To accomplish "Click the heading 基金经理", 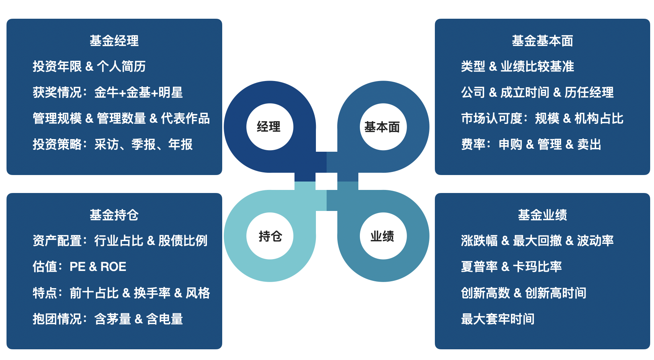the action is [x=114, y=41].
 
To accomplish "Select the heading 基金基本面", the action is [x=542, y=41].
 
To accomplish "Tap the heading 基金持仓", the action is [x=114, y=215].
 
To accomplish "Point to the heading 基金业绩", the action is [x=542, y=215].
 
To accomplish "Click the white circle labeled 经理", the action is [x=270, y=127].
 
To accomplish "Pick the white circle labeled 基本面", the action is [x=383, y=127].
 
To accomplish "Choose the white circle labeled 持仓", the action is [x=270, y=236].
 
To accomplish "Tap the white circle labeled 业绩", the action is [x=383, y=236].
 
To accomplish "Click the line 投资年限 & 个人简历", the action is [x=89, y=66].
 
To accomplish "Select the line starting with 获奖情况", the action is [x=108, y=92].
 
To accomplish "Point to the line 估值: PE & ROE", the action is [x=80, y=267].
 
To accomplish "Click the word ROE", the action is [x=113, y=267].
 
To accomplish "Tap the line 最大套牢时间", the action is [x=498, y=319].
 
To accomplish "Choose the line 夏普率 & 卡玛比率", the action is [x=511, y=267].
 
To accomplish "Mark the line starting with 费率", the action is [x=531, y=144].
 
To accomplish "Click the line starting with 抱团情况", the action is [x=108, y=319].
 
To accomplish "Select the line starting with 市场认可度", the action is [x=542, y=118].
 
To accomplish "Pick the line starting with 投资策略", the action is [x=113, y=144].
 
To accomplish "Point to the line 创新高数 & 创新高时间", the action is [x=524, y=293].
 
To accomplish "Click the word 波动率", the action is [x=595, y=241].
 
